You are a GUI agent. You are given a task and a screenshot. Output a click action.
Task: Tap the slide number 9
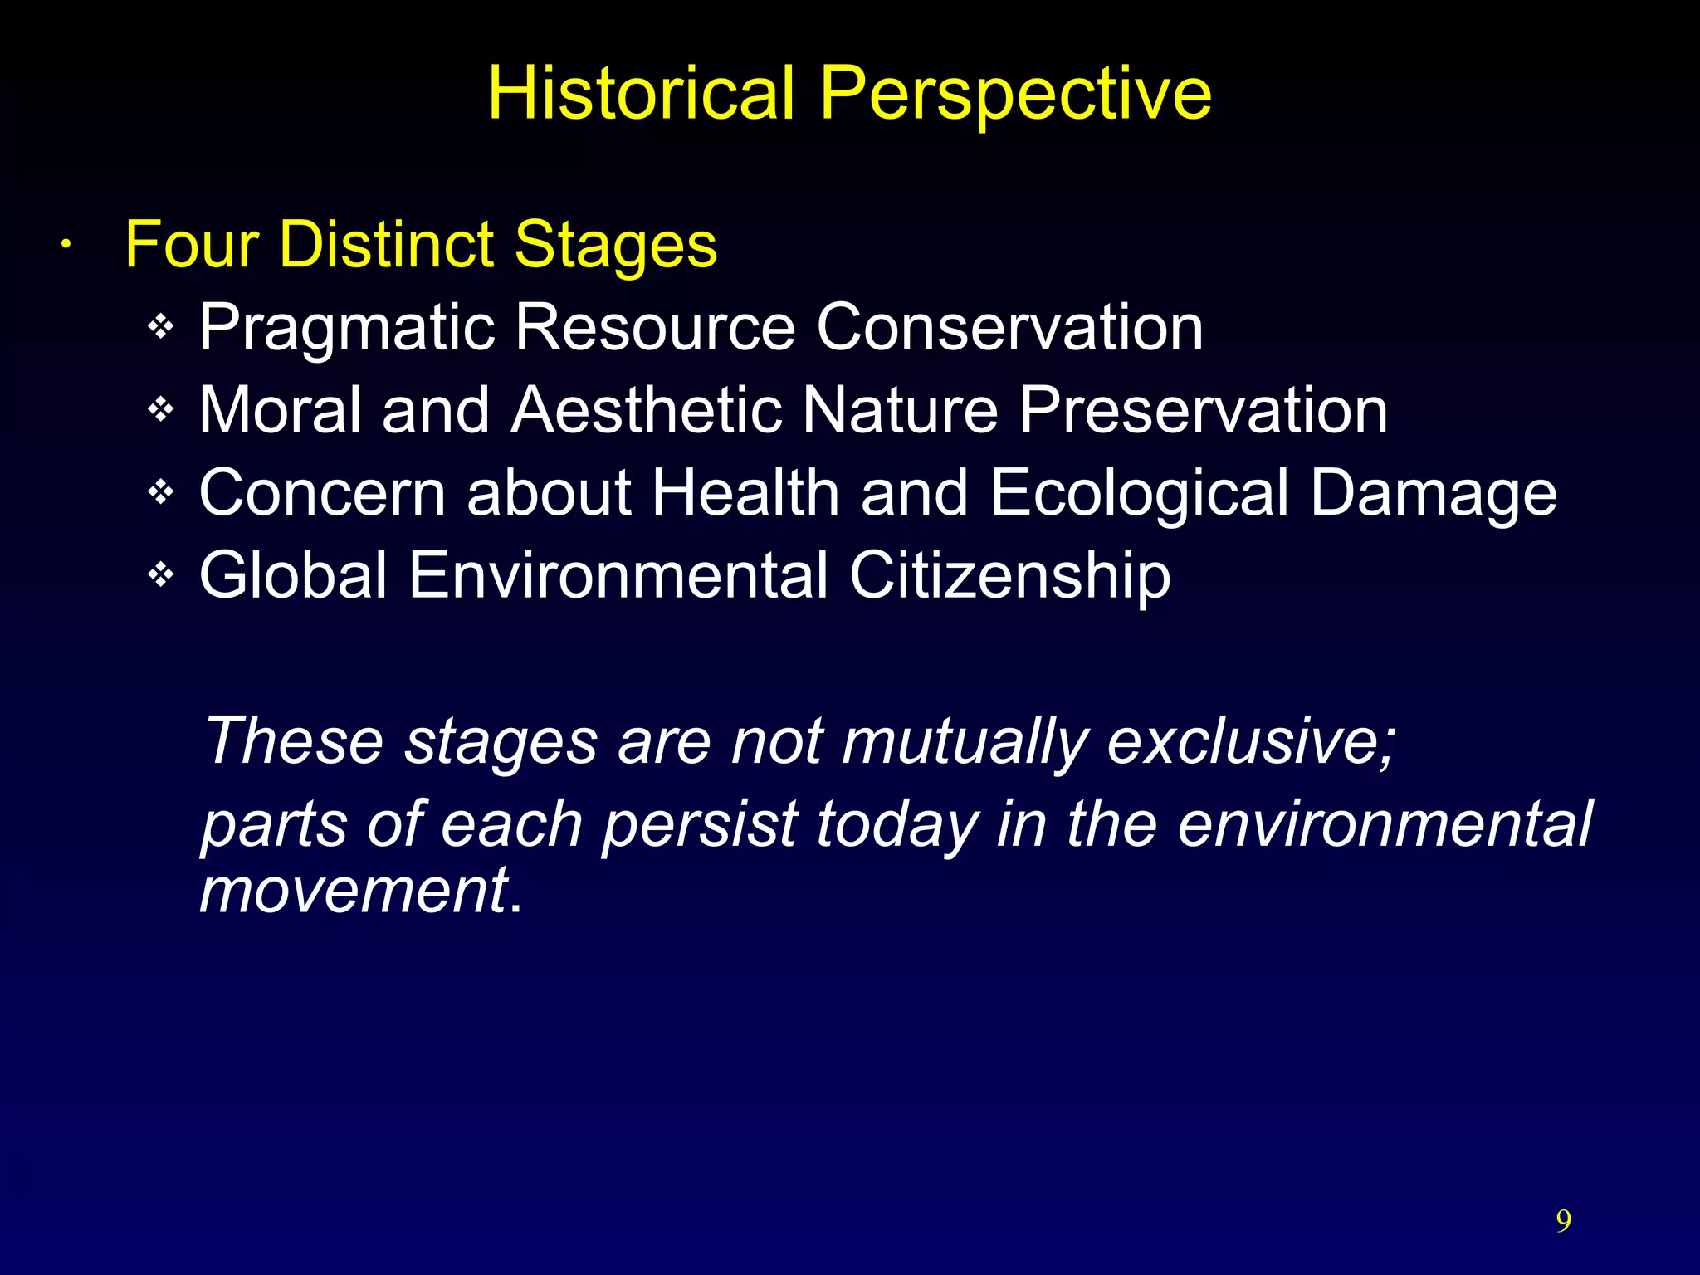point(1563,1221)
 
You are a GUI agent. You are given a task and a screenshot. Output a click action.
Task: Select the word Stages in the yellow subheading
point(615,247)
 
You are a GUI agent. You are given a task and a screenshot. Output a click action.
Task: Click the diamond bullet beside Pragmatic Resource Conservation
point(160,327)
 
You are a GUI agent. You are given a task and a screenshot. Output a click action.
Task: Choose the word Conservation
point(1009,327)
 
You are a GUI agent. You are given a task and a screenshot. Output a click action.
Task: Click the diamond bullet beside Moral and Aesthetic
point(160,409)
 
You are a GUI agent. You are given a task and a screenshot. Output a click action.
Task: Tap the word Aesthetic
point(646,410)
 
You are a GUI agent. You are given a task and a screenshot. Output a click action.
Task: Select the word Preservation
point(1203,410)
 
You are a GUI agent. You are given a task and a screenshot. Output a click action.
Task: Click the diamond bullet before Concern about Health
point(160,492)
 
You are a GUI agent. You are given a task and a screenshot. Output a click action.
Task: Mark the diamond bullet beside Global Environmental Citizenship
point(160,574)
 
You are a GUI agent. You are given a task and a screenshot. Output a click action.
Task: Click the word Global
point(293,575)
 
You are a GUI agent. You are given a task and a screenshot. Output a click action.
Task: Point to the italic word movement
point(354,890)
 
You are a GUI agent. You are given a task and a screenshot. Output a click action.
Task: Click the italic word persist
point(699,825)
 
